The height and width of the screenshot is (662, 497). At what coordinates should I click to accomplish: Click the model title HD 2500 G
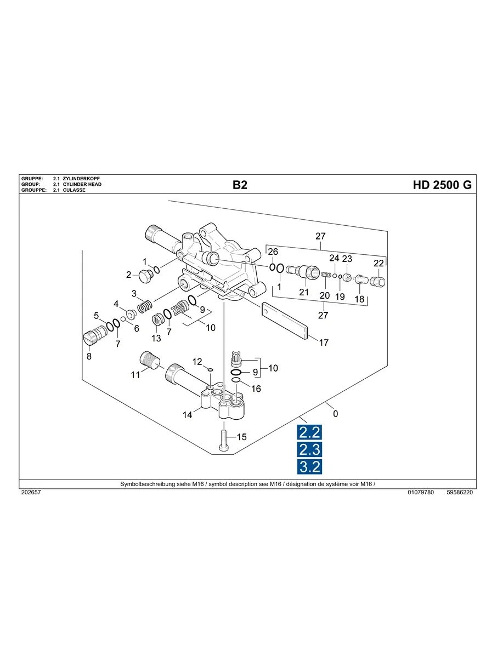point(442,185)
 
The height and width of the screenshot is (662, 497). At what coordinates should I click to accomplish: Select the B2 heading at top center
point(240,185)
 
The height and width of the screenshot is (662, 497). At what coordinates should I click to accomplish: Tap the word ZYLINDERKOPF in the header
point(82,179)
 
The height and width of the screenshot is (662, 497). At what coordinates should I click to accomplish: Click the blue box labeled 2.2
point(309,432)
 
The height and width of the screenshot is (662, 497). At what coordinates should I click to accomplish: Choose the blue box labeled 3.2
point(309,466)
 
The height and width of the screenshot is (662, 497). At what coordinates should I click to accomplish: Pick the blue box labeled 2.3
point(309,449)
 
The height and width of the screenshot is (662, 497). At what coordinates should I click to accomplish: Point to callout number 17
point(324,343)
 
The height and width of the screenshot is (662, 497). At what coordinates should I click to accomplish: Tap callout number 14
point(188,415)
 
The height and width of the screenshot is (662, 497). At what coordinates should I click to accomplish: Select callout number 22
point(379,264)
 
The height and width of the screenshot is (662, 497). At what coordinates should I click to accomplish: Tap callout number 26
point(273,252)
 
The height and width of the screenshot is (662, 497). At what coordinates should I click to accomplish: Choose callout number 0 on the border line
point(336,414)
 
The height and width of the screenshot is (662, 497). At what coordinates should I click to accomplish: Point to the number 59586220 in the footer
point(460,493)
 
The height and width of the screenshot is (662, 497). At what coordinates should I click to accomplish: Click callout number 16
point(256,389)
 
